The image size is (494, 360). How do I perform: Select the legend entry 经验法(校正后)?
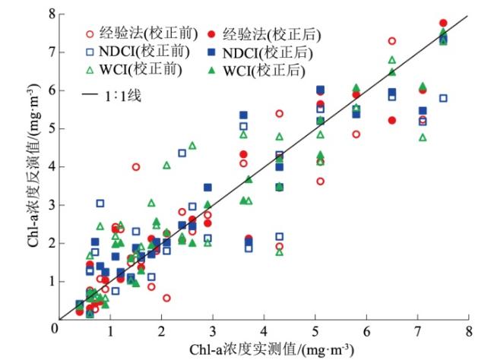[272, 35]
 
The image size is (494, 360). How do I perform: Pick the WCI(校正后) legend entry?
[266, 71]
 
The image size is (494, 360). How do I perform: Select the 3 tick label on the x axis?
[212, 333]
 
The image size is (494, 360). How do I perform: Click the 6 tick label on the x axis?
[366, 333]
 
